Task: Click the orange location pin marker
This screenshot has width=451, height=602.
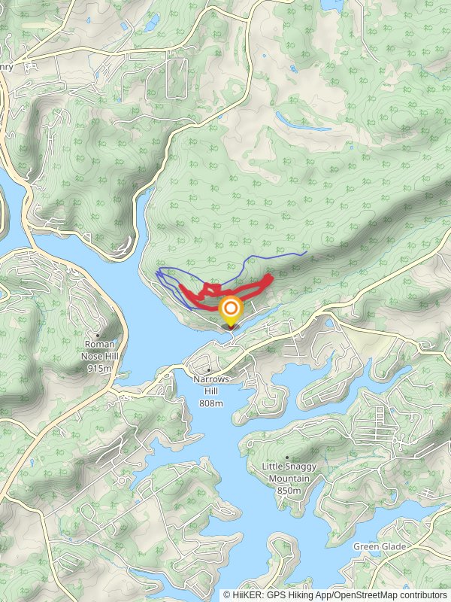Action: [231, 311]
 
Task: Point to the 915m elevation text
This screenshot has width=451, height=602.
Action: [100, 369]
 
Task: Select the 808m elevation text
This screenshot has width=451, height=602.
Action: [211, 404]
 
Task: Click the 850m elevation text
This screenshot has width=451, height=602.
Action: [289, 491]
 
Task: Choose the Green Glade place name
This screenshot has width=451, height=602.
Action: [380, 546]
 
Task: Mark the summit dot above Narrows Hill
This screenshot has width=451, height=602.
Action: [208, 370]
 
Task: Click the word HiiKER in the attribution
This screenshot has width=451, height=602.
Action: [247, 594]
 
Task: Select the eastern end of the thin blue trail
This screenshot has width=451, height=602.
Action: [303, 254]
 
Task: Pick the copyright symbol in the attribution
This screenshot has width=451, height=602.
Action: [227, 594]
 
